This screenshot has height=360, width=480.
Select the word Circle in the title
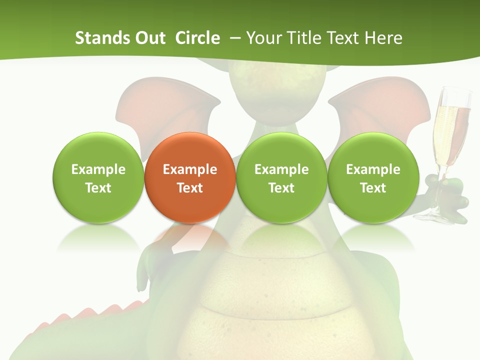click(x=197, y=38)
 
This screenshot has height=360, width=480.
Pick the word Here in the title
click(x=382, y=38)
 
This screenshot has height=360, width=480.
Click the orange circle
click(x=190, y=150)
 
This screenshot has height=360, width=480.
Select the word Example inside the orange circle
click(x=190, y=169)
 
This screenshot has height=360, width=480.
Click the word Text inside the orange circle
click(x=190, y=188)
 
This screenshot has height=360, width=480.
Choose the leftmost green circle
click(x=98, y=177)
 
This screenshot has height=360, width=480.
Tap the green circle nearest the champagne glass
click(x=373, y=177)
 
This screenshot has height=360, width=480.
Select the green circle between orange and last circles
click(x=281, y=177)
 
